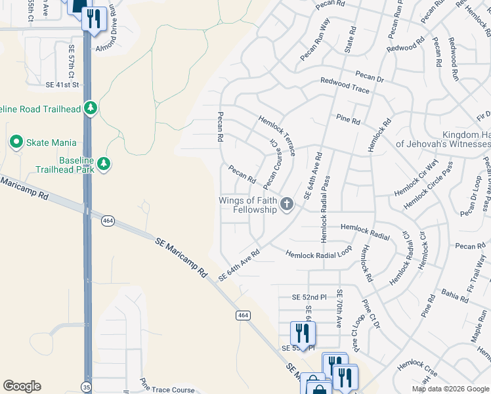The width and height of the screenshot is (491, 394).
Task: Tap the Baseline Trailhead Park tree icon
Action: point(103,163)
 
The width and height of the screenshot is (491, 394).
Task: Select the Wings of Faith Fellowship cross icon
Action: point(286,204)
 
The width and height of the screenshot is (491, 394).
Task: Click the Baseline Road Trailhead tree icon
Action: point(91,108)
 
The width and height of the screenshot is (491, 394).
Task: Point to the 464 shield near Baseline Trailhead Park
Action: point(107,221)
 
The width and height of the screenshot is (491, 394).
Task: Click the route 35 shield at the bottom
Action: point(87,387)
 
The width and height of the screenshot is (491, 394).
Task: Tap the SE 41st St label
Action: point(62,85)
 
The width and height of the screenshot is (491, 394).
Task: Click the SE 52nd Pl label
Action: point(309,297)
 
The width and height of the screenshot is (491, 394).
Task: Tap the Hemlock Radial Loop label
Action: point(318,253)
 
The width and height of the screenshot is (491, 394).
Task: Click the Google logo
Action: point(22,386)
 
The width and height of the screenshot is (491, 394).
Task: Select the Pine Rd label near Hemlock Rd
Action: point(348,120)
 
